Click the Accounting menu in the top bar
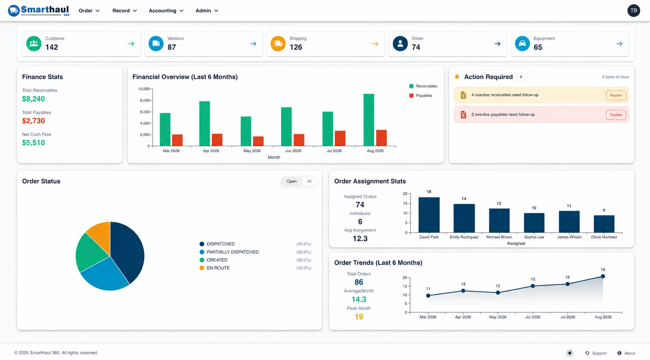click(166, 11)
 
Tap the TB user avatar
click(633, 11)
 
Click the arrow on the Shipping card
click(375, 44)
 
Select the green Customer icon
click(34, 44)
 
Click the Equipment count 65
click(538, 47)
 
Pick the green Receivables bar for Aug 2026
click(368, 120)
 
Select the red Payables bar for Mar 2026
click(177, 140)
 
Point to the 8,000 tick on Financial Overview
click(145, 100)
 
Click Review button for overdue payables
click(616, 115)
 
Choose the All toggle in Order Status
click(309, 181)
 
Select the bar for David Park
click(429, 215)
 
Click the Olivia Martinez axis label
click(604, 237)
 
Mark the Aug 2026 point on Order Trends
click(603, 276)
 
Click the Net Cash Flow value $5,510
click(34, 143)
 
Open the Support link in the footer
click(596, 353)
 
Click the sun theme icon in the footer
click(570, 353)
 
